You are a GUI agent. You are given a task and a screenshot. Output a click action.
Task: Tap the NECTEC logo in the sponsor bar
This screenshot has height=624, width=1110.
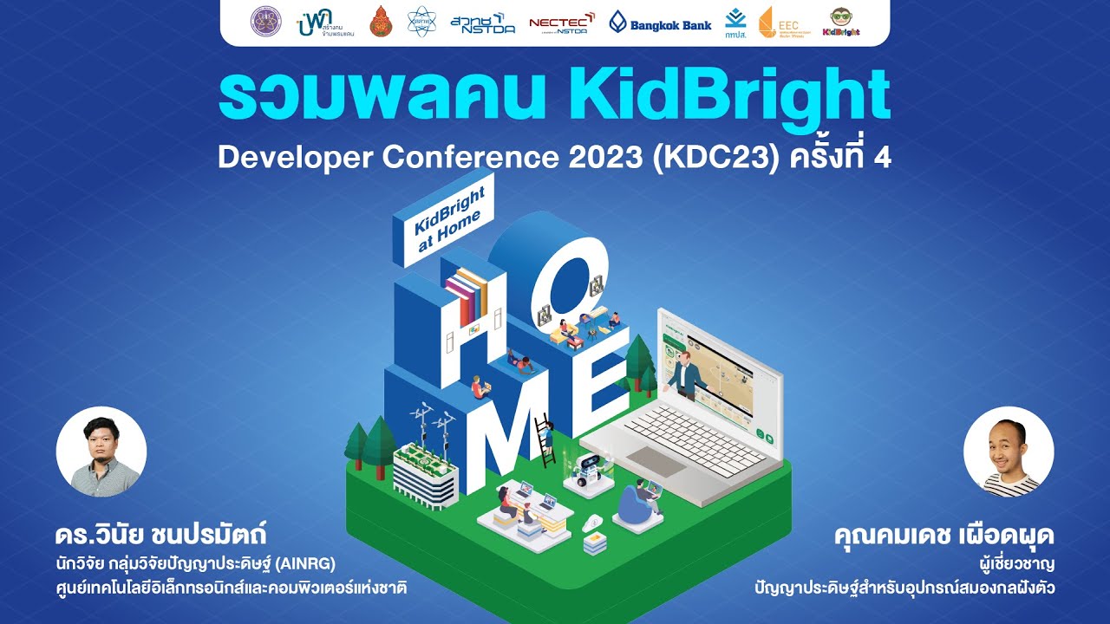pos(561,23)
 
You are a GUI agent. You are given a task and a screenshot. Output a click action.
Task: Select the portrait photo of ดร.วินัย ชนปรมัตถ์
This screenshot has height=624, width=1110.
pos(101,452)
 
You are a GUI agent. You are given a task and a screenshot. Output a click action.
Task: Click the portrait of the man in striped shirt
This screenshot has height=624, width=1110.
pos(1009,452)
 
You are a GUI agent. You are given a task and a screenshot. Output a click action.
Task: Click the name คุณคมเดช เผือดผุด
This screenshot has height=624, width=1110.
pos(943,532)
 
